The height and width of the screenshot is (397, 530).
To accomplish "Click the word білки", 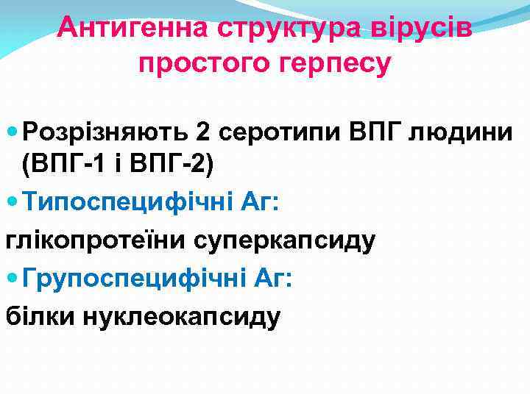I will tap(40, 316).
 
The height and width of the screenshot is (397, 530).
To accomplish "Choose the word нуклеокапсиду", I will tap(182, 316).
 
